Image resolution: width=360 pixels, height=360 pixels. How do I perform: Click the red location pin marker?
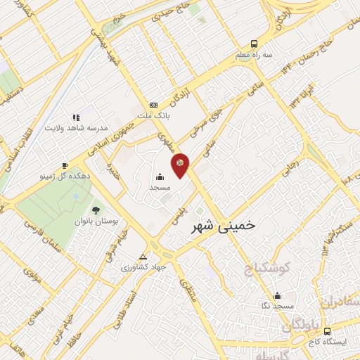coord(181,165)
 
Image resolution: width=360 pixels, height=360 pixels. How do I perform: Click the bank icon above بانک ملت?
coord(153,104)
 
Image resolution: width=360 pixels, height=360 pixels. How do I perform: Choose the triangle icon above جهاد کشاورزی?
coord(143,256)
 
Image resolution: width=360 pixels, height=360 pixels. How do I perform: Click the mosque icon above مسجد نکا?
coord(278,295)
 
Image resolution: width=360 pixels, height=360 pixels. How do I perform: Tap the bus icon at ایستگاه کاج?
coord(326,331)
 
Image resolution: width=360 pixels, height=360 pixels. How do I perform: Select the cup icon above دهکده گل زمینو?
coord(65,165)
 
